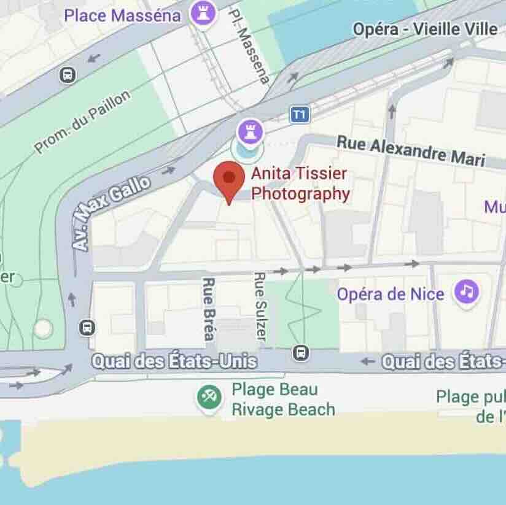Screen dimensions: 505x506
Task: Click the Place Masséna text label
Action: (123, 15)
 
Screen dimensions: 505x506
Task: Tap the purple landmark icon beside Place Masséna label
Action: (203, 13)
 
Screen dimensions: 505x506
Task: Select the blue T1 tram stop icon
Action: (299, 114)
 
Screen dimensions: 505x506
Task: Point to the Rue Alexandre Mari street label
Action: (410, 151)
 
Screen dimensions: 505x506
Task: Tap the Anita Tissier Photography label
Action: (300, 184)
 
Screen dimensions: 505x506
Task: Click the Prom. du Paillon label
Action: (82, 122)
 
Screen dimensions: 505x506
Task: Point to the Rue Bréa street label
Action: (208, 309)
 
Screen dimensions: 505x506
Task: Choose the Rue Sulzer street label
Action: (260, 307)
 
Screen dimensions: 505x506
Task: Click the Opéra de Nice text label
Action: (391, 294)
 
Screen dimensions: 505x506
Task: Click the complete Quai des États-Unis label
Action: (173, 361)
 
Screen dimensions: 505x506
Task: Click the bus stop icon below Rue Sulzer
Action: (301, 353)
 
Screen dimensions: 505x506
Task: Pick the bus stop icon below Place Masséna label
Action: (68, 75)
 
